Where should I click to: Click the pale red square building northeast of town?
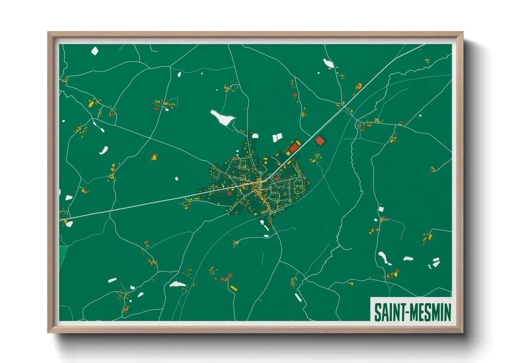[320, 141]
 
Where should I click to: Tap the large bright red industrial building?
[294, 148]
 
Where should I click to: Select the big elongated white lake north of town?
[222, 118]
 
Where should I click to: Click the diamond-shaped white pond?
[95, 51]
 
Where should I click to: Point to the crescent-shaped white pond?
[104, 150]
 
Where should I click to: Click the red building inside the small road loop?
[359, 126]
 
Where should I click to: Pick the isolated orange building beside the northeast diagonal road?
[359, 86]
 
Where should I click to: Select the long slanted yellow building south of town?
[233, 288]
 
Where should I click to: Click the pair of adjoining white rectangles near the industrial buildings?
[277, 138]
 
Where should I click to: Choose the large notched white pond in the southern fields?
[177, 284]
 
